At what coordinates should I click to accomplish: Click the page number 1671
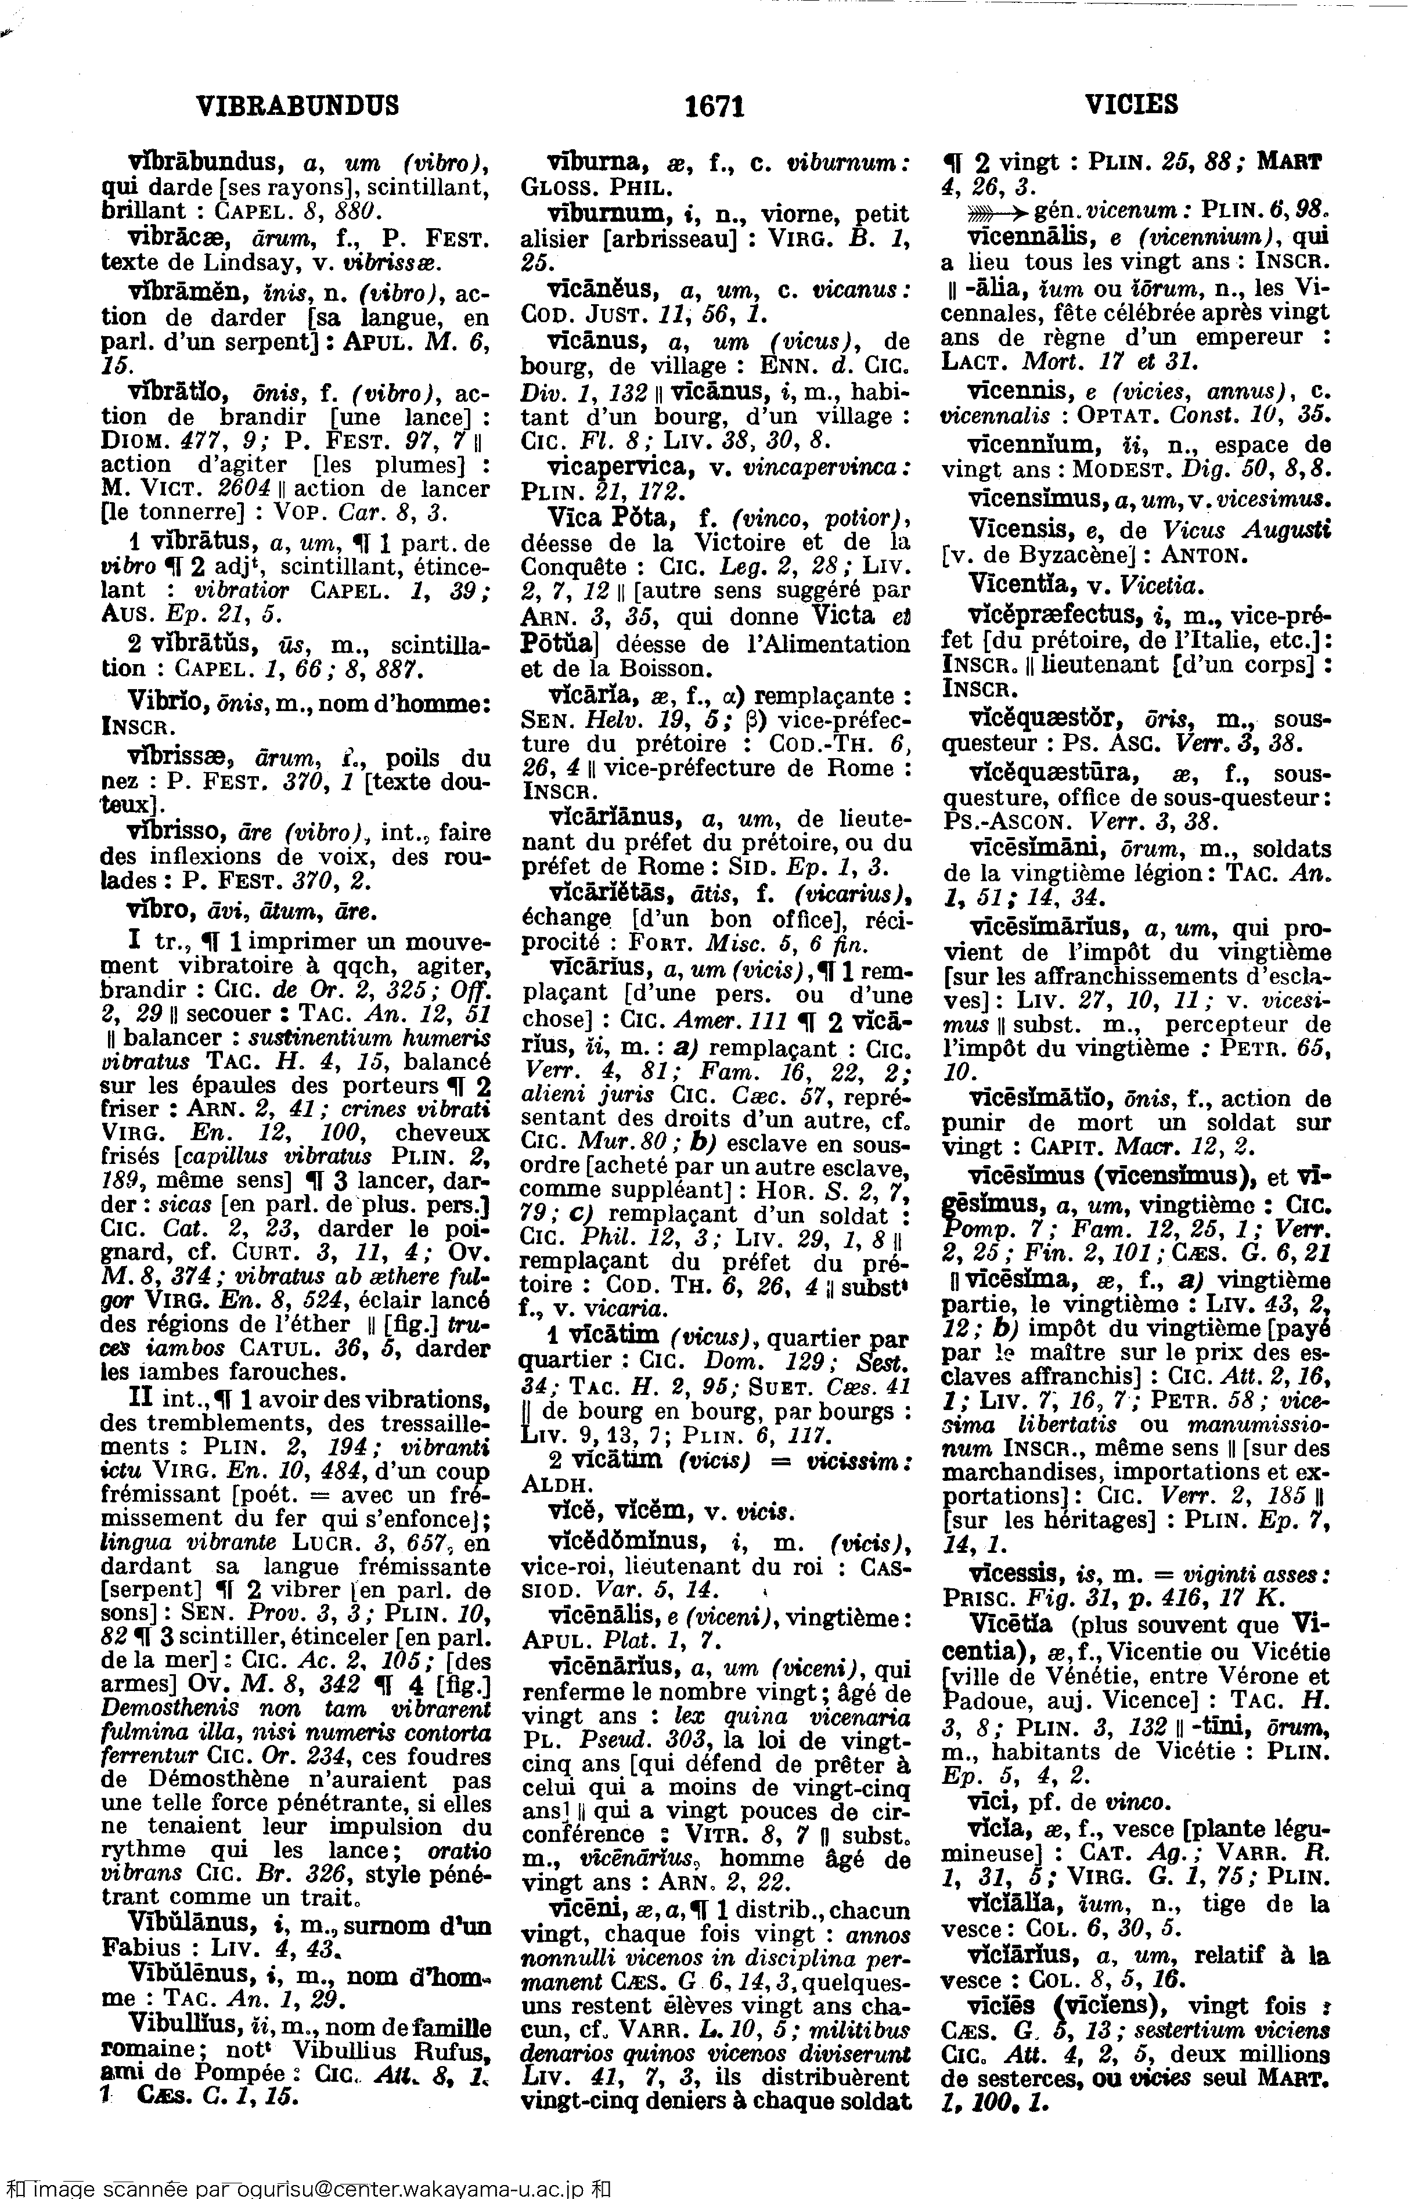[715, 107]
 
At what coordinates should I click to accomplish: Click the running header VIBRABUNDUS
[298, 106]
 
